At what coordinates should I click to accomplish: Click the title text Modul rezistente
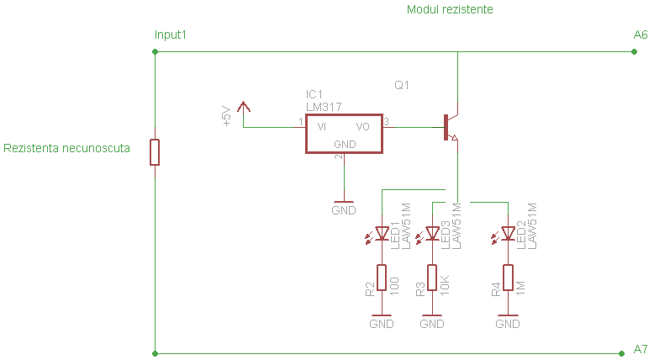450,10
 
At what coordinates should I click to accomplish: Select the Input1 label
171,35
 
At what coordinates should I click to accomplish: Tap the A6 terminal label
641,35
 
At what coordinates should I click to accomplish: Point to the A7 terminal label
641,348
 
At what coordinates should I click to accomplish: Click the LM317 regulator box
343,134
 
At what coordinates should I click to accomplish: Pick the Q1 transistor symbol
451,127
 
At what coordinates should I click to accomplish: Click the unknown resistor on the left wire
155,152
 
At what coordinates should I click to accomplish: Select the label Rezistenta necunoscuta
67,149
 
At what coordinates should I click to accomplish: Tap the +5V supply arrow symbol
244,108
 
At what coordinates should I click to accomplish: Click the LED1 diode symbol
382,233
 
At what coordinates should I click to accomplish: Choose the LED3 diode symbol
432,233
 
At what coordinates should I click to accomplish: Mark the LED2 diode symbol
508,233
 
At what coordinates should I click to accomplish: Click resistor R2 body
382,278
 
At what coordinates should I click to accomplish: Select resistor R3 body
432,278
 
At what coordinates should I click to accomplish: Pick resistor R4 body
508,278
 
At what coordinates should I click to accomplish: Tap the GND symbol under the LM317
344,206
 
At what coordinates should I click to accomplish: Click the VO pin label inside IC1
363,127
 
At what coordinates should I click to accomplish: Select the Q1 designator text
402,86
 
